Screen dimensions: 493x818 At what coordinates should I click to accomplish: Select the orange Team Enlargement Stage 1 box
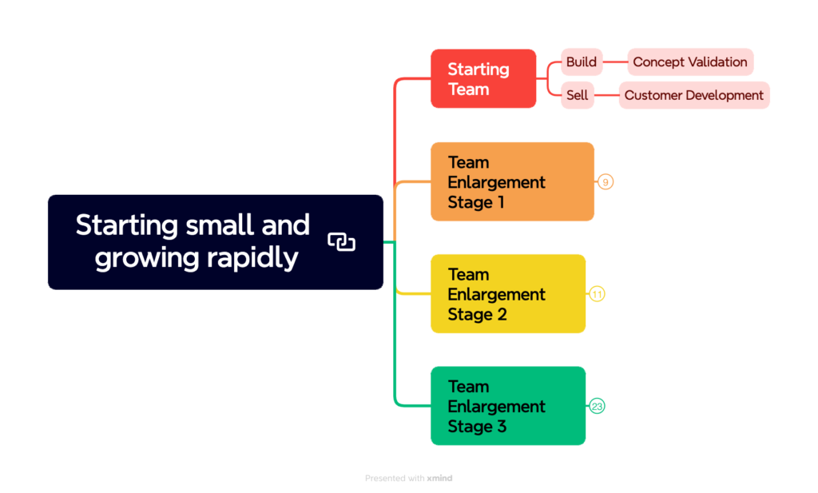(511, 181)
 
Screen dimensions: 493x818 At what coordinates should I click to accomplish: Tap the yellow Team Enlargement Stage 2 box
(507, 293)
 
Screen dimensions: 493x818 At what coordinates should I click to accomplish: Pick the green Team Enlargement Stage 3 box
(507, 405)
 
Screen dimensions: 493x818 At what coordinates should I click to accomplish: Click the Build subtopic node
(581, 62)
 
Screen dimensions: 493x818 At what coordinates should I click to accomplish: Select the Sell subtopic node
(577, 95)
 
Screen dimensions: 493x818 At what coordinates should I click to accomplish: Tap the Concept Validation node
(689, 62)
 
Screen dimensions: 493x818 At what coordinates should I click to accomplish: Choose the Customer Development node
(693, 95)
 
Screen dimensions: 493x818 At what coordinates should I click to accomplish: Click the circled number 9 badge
(606, 182)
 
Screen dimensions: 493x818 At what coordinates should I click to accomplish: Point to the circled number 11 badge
(597, 294)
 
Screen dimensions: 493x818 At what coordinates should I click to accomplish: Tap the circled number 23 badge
(597, 406)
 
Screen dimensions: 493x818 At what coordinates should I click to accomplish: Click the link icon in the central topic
(341, 241)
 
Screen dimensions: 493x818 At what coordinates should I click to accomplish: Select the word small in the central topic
(220, 225)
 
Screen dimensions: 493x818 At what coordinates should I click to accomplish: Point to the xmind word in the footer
(439, 478)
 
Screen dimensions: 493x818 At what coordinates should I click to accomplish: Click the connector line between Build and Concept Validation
(615, 62)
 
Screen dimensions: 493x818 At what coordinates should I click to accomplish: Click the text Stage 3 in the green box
(477, 426)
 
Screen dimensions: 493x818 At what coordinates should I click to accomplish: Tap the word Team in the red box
(468, 89)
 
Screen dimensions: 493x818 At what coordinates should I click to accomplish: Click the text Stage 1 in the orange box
(476, 202)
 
